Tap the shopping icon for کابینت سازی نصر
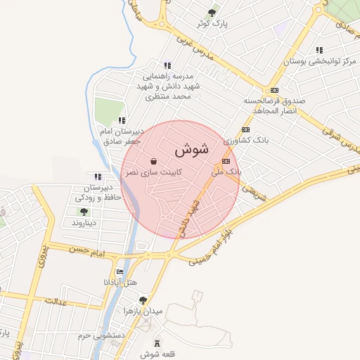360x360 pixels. tap(153, 161)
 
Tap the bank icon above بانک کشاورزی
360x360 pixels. tap(245, 130)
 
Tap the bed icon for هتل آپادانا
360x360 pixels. tap(120, 272)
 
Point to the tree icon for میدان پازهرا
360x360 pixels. tap(143, 299)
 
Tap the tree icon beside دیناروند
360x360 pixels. tap(84, 211)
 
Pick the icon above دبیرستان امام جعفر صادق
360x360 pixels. tap(122, 120)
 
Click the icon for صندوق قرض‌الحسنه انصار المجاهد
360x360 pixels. tap(274, 90)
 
